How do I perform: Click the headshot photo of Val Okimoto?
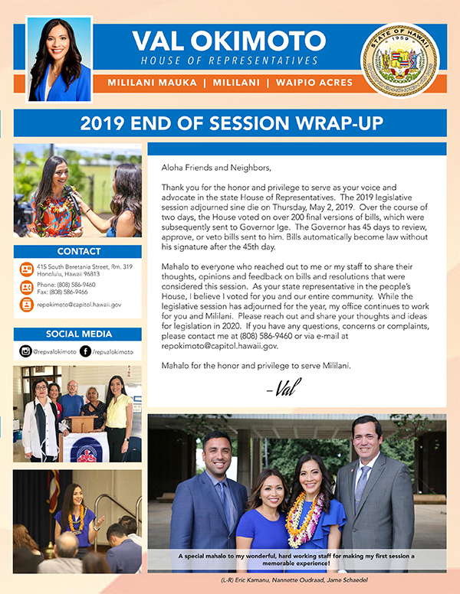coord(59,60)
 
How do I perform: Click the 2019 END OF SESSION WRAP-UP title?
coord(229,123)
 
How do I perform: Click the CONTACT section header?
coord(77,251)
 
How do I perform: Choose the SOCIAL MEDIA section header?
coord(77,334)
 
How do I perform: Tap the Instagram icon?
coord(25,351)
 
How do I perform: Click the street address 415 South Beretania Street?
coord(84,266)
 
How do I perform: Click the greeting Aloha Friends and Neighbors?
coord(216,166)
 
